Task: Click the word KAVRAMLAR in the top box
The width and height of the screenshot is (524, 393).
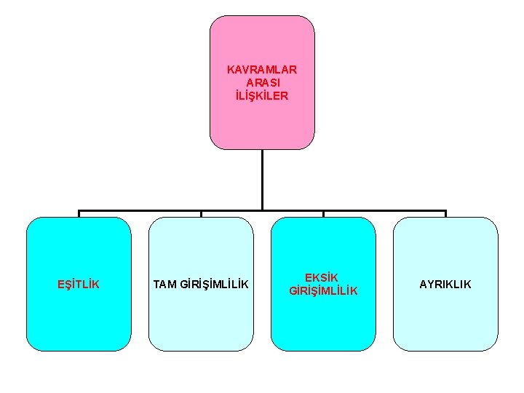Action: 262,70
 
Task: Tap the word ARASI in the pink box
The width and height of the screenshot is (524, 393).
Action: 262,83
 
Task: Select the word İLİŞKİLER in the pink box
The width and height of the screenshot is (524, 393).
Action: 262,95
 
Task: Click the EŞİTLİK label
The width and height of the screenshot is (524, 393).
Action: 79,284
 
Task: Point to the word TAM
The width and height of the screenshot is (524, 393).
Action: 164,284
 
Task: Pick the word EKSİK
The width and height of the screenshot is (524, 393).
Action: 323,277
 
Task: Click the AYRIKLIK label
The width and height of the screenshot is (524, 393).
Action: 445,284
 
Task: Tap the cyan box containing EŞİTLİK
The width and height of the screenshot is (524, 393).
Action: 79,320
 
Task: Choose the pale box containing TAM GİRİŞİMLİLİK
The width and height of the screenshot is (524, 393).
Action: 201,320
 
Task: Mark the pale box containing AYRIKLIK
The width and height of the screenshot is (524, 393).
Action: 445,320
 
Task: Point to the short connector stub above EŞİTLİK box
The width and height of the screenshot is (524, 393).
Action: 79,214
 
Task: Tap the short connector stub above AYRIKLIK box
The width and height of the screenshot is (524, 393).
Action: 445,214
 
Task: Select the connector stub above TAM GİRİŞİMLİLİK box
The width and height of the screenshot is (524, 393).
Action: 201,214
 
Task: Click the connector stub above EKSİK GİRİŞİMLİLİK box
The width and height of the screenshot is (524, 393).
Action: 323,214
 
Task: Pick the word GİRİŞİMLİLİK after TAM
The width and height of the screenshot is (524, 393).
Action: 214,284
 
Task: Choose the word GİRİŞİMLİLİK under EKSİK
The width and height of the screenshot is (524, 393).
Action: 323,291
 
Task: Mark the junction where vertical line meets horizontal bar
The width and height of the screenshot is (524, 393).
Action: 262,211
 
